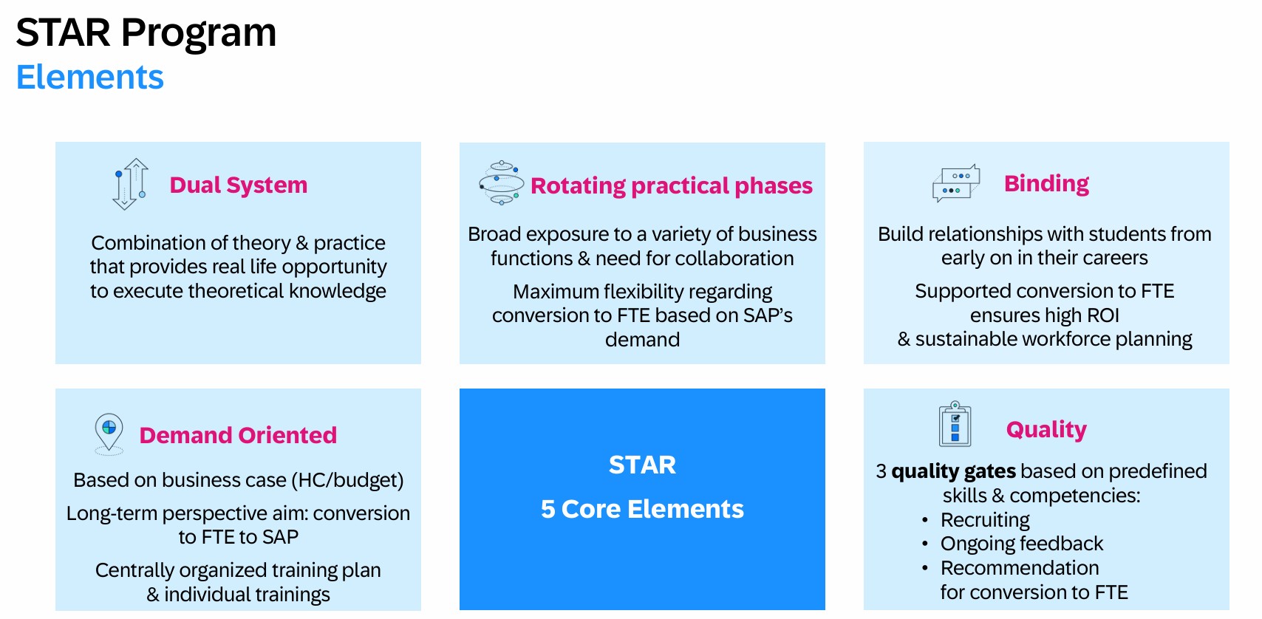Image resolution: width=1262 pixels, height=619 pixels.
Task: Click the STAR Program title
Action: (x=146, y=33)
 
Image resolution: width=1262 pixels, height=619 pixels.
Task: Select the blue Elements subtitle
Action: (x=89, y=77)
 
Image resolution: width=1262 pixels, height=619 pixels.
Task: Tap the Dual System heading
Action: (x=239, y=185)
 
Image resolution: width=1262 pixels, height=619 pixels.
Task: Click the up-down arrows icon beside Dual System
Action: (x=130, y=184)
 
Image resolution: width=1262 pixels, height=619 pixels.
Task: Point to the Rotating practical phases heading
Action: (x=672, y=186)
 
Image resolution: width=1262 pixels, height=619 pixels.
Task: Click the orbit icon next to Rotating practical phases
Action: (x=501, y=183)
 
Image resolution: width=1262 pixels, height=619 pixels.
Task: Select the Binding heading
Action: (x=1046, y=184)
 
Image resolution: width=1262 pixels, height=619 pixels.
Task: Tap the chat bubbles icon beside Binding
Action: (x=956, y=183)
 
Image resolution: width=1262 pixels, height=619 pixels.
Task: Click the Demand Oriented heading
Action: (x=238, y=435)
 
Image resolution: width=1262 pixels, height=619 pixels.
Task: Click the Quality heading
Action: (x=1046, y=430)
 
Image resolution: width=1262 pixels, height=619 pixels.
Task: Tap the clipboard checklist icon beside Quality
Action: (x=955, y=424)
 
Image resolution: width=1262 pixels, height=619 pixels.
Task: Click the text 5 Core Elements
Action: (x=642, y=509)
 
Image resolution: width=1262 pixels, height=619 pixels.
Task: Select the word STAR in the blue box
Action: (x=642, y=465)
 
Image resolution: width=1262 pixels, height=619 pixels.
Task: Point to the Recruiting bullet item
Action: (x=985, y=520)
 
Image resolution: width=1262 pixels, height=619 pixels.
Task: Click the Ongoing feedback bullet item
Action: (x=1021, y=544)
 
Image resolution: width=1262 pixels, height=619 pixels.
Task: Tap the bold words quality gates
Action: (x=953, y=471)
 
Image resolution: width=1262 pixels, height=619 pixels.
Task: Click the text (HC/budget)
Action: (x=347, y=480)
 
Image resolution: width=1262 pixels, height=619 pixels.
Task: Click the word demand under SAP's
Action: (x=642, y=340)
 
